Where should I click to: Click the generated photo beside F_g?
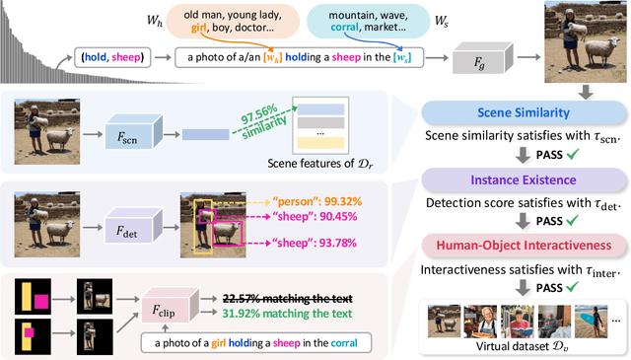(577, 42)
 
